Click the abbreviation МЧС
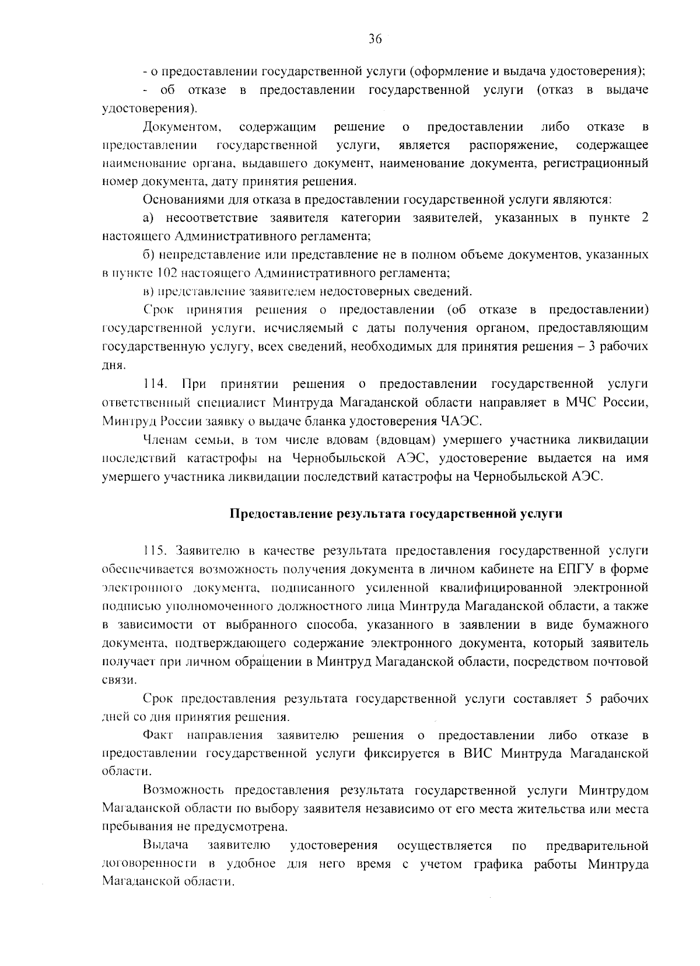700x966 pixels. pyautogui.click(x=583, y=402)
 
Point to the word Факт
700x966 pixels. pyautogui.click(x=157, y=735)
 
